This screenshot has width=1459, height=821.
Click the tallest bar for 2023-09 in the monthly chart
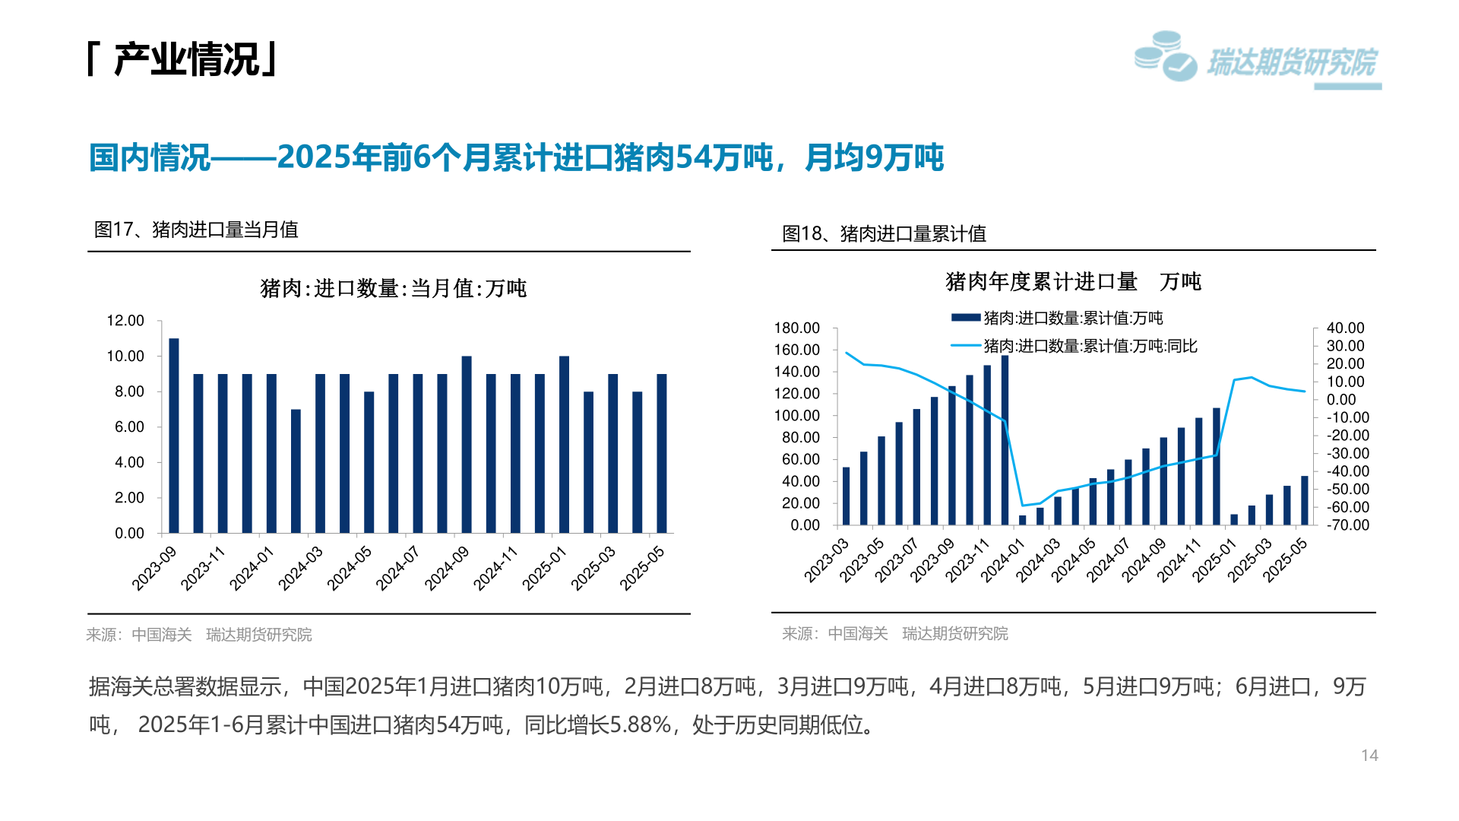(x=174, y=435)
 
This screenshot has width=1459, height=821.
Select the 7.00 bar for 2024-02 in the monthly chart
(x=296, y=471)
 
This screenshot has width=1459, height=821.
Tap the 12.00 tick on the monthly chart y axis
(x=125, y=321)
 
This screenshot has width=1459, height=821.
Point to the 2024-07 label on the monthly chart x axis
(x=398, y=568)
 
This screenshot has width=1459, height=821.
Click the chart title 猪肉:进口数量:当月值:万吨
(x=393, y=289)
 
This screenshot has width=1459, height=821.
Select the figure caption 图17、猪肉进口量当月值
(x=196, y=230)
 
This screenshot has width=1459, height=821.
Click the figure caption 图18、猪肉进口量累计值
(x=884, y=233)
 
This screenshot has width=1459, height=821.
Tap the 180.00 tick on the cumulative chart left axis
(x=796, y=328)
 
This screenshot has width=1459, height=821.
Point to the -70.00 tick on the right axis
(x=1347, y=525)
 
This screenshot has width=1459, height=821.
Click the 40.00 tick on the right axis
(x=1345, y=328)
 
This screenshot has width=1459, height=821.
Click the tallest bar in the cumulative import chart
(x=1005, y=440)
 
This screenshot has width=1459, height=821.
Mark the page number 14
(x=1369, y=755)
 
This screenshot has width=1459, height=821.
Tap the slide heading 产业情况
(x=186, y=59)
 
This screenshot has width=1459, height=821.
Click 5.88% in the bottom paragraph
(x=641, y=724)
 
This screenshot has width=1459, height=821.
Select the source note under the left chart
(x=199, y=635)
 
